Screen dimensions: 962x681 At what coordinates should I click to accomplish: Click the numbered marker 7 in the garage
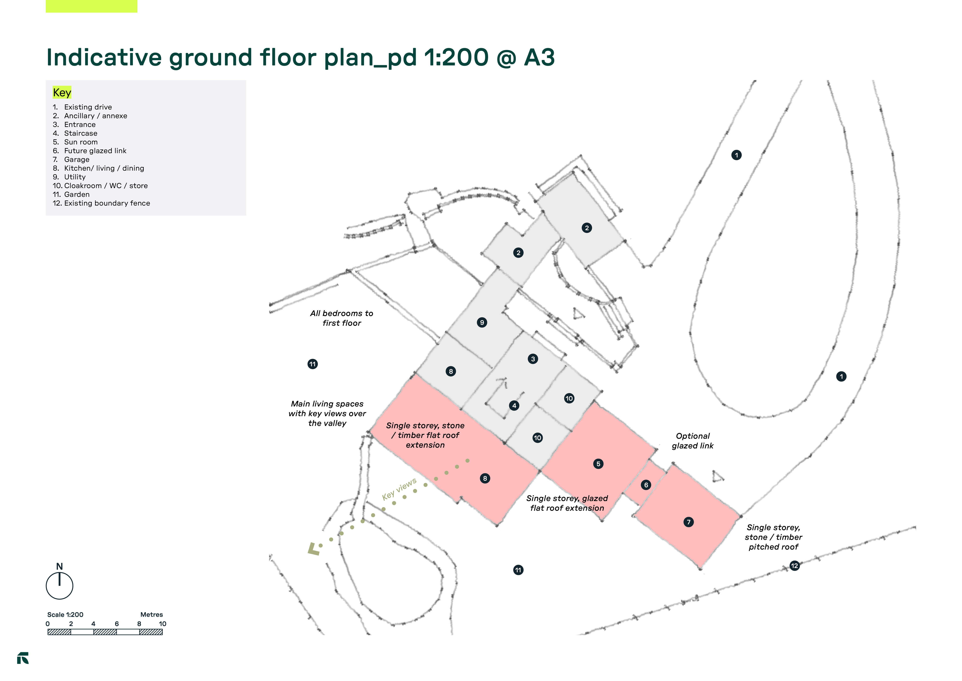pyautogui.click(x=688, y=522)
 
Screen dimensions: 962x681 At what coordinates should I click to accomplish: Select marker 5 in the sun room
pyautogui.click(x=598, y=464)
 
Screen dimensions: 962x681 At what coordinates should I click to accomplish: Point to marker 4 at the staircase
pyautogui.click(x=514, y=406)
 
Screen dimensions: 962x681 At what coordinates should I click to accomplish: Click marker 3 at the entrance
pyautogui.click(x=533, y=359)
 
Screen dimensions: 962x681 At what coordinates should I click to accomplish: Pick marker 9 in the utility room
pyautogui.click(x=482, y=322)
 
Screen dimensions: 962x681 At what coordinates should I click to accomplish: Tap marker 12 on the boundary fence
pyautogui.click(x=794, y=566)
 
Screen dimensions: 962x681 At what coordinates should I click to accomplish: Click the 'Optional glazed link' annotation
pyautogui.click(x=693, y=441)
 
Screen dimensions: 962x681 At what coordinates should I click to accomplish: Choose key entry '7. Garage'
pyautogui.click(x=71, y=159)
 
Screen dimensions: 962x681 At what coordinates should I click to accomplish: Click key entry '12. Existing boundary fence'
pyautogui.click(x=101, y=203)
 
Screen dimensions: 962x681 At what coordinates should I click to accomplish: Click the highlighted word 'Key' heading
pyautogui.click(x=62, y=92)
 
